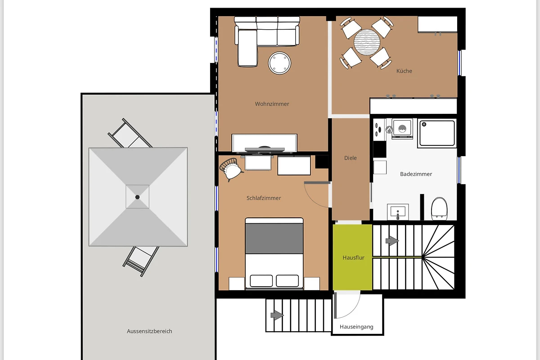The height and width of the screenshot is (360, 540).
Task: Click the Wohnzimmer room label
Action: click(x=272, y=104)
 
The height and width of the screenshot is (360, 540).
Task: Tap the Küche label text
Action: click(x=404, y=71)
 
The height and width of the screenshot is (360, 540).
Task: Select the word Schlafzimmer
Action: click(x=264, y=198)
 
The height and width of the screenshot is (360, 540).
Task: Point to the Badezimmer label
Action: click(x=416, y=174)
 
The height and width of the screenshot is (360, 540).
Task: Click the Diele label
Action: click(x=350, y=158)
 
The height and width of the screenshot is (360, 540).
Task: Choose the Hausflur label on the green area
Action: click(x=353, y=257)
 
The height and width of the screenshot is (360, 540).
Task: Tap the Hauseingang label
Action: click(x=356, y=327)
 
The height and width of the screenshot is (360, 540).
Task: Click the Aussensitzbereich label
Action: click(x=149, y=331)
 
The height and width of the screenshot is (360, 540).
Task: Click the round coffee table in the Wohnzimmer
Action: click(x=279, y=63)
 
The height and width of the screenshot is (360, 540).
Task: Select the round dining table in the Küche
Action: click(x=367, y=42)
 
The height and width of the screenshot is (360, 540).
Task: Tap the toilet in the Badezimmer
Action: click(x=439, y=209)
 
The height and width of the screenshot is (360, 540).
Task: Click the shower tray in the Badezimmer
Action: click(x=437, y=133)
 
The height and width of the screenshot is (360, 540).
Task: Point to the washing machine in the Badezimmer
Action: click(x=402, y=129)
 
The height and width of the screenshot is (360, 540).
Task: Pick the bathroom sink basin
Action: click(x=398, y=211)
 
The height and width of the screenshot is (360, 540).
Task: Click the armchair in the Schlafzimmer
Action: click(x=230, y=169)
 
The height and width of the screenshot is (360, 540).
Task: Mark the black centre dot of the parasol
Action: click(x=137, y=197)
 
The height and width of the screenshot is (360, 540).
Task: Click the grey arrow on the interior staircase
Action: click(x=392, y=240)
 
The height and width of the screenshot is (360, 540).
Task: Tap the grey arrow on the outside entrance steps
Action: click(x=277, y=315)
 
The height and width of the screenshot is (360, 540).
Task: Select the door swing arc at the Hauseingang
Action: click(x=352, y=311)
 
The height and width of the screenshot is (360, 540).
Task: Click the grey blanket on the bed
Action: click(x=274, y=238)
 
